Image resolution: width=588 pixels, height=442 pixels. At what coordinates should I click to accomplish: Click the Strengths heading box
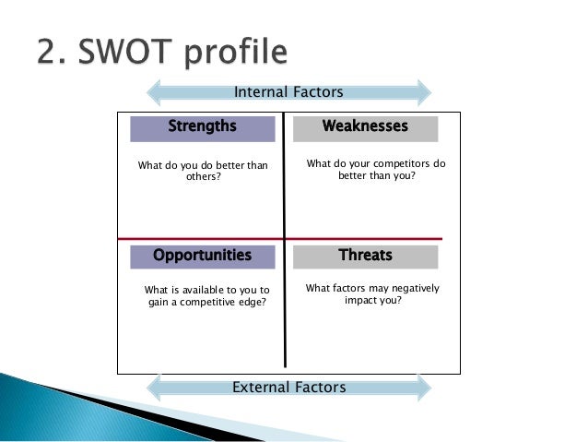(x=202, y=127)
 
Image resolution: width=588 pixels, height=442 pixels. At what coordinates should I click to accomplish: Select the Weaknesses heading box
(x=365, y=127)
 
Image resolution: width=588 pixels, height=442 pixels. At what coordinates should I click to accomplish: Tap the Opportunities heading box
(x=202, y=256)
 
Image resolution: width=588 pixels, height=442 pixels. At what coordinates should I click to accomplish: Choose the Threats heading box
(x=365, y=256)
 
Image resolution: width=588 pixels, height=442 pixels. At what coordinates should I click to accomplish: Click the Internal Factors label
(x=288, y=92)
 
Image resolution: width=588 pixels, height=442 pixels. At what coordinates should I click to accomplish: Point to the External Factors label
(x=288, y=388)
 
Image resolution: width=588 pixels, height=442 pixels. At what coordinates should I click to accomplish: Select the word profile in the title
(x=236, y=53)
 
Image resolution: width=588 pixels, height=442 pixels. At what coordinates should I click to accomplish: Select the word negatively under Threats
(x=407, y=289)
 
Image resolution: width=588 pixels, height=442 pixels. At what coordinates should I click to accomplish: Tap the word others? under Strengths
(x=204, y=178)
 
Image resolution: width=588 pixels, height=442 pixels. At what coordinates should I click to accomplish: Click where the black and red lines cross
(x=284, y=238)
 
